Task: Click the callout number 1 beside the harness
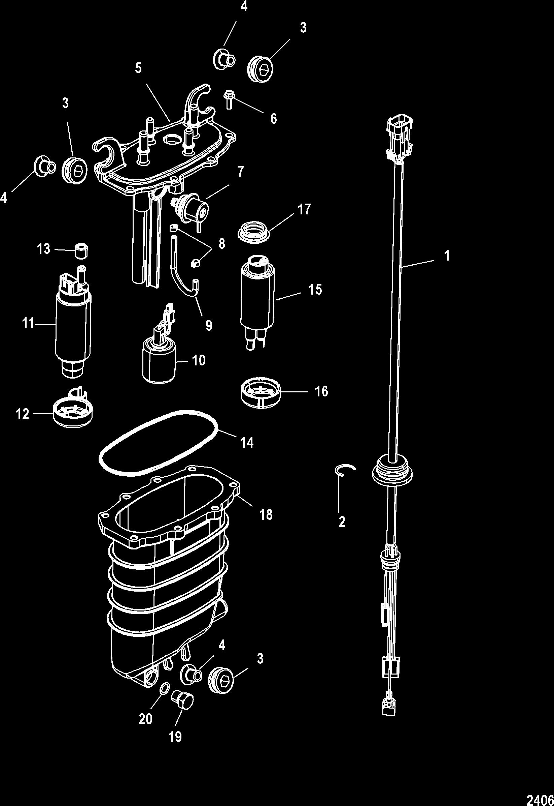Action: (447, 256)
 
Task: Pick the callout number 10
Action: (199, 360)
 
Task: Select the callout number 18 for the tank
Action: (266, 514)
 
